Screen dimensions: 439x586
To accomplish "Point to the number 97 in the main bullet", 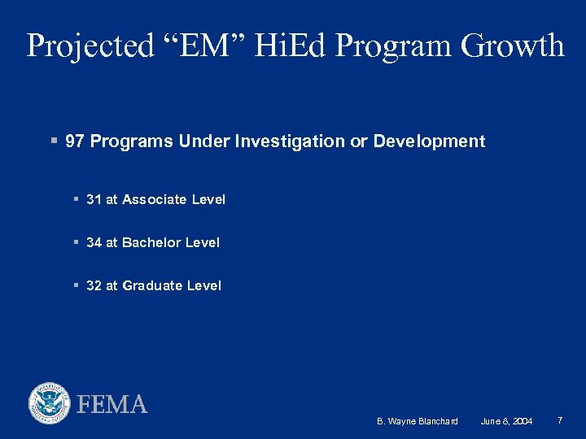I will pyautogui.click(x=75, y=141).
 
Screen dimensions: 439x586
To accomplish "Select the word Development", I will pyautogui.click(x=429, y=141).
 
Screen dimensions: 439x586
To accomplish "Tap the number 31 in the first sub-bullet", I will pyautogui.click(x=94, y=199).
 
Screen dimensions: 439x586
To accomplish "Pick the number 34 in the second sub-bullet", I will pyautogui.click(x=94, y=242).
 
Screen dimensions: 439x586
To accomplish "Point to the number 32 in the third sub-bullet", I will pyautogui.click(x=94, y=285).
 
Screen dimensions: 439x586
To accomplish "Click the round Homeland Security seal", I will pyautogui.click(x=50, y=403).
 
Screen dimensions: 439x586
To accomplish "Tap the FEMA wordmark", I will pyautogui.click(x=112, y=404).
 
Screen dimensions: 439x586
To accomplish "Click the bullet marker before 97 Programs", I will pyautogui.click(x=53, y=141).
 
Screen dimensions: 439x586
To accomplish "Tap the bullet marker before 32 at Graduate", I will pyautogui.click(x=75, y=285).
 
